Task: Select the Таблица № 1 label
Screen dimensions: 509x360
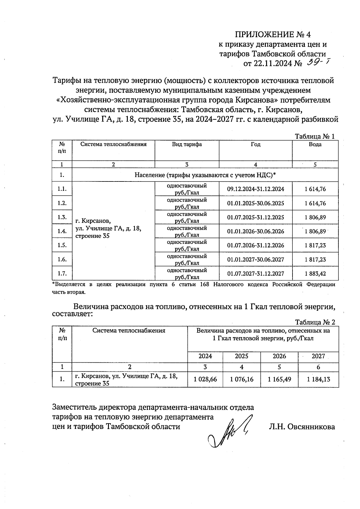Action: click(315, 136)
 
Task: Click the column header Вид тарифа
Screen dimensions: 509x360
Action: click(187, 145)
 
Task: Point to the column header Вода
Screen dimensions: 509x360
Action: click(315, 145)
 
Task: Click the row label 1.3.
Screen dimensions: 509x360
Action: click(62, 217)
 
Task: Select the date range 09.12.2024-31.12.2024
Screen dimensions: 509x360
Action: click(255, 189)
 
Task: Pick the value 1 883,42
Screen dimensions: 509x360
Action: click(315, 274)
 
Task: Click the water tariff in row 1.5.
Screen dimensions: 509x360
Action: click(315, 245)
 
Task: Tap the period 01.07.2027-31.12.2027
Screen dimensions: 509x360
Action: click(255, 274)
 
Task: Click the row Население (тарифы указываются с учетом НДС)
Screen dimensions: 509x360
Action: click(205, 175)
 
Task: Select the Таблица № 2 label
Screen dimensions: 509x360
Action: click(315, 322)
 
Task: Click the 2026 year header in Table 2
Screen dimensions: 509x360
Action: click(279, 356)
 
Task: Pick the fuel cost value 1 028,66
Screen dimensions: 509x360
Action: click(205, 379)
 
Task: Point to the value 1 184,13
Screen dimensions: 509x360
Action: click(318, 379)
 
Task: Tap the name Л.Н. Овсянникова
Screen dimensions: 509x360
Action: click(302, 427)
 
